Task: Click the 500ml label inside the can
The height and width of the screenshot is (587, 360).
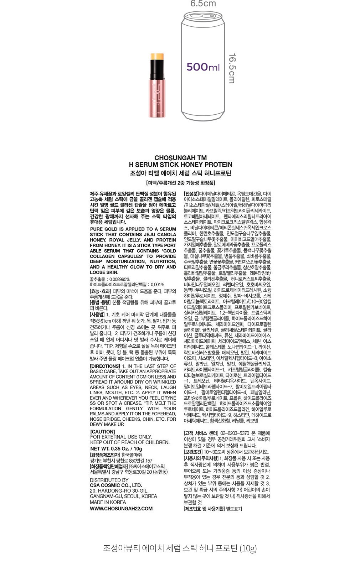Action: pyautogui.click(x=203, y=67)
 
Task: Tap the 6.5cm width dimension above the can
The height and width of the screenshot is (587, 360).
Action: pyautogui.click(x=203, y=4)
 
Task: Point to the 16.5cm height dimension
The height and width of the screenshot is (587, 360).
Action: pyautogui.click(x=232, y=68)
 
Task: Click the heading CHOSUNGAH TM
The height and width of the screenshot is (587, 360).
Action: pyautogui.click(x=180, y=158)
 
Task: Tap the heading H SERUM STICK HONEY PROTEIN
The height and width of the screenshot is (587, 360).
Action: pyautogui.click(x=180, y=165)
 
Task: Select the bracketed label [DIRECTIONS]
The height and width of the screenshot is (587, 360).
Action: pyautogui.click(x=105, y=366)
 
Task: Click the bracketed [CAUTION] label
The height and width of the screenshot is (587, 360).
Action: pyautogui.click(x=103, y=432)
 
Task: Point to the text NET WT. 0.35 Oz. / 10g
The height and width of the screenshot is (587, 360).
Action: pyautogui.click(x=116, y=449)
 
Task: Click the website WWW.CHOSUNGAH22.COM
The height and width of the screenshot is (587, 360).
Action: pyautogui.click(x=121, y=509)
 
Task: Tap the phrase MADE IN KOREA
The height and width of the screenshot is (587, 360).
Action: pyautogui.click(x=108, y=502)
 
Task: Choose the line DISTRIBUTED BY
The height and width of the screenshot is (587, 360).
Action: pyautogui.click(x=109, y=480)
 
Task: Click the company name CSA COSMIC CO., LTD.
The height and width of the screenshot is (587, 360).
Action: pyautogui.click(x=116, y=485)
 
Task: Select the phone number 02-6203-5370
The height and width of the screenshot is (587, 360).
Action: pyautogui.click(x=232, y=433)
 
